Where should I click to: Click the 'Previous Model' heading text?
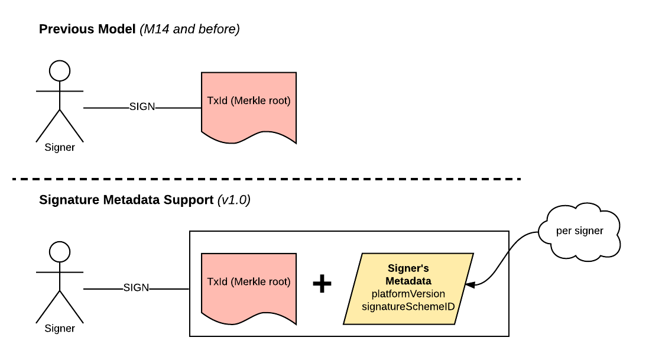click(87, 29)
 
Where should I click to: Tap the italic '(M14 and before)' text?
click(189, 29)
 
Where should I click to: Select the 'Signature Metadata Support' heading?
click(126, 200)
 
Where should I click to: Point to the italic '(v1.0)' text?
click(234, 200)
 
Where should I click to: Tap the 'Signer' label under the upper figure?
click(60, 148)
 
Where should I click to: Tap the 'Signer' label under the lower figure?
click(60, 328)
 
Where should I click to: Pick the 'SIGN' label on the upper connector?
click(142, 107)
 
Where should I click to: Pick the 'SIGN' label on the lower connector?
click(136, 288)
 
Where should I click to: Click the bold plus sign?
click(322, 284)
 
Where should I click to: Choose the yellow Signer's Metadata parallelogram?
click(408, 288)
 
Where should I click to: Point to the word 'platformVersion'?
click(408, 293)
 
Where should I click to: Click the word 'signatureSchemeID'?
click(408, 306)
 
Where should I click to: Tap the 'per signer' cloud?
click(579, 231)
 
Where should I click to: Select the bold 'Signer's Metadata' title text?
click(408, 274)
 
